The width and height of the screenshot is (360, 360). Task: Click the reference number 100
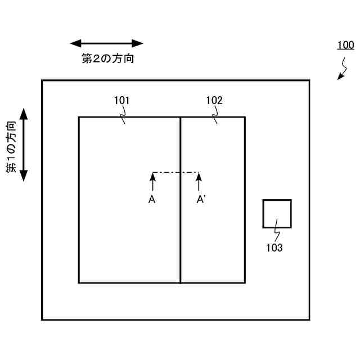tap(345, 44)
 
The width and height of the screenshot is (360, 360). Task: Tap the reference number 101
tap(121, 101)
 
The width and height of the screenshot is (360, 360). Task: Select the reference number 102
tap(214, 101)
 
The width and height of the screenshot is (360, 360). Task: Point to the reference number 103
tap(274, 247)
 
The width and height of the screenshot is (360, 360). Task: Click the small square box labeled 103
tap(277, 214)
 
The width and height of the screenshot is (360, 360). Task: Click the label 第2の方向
tap(107, 58)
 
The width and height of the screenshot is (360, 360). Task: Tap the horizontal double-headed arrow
tap(107, 43)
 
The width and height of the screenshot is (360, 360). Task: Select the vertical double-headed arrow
tap(24, 145)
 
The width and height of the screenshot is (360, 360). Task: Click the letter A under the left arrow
tap(152, 199)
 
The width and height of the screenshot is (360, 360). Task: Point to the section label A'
tap(200, 199)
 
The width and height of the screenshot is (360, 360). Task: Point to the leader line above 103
tap(275, 233)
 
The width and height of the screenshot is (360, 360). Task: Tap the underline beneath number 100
tap(345, 51)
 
